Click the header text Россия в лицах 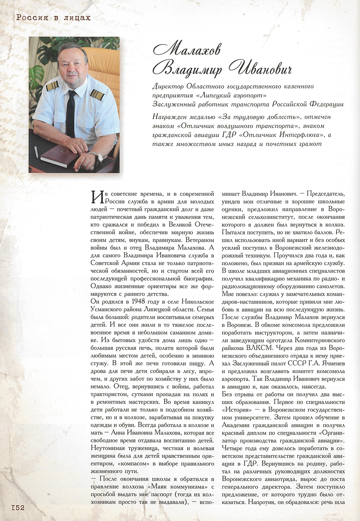tap(52, 17)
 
